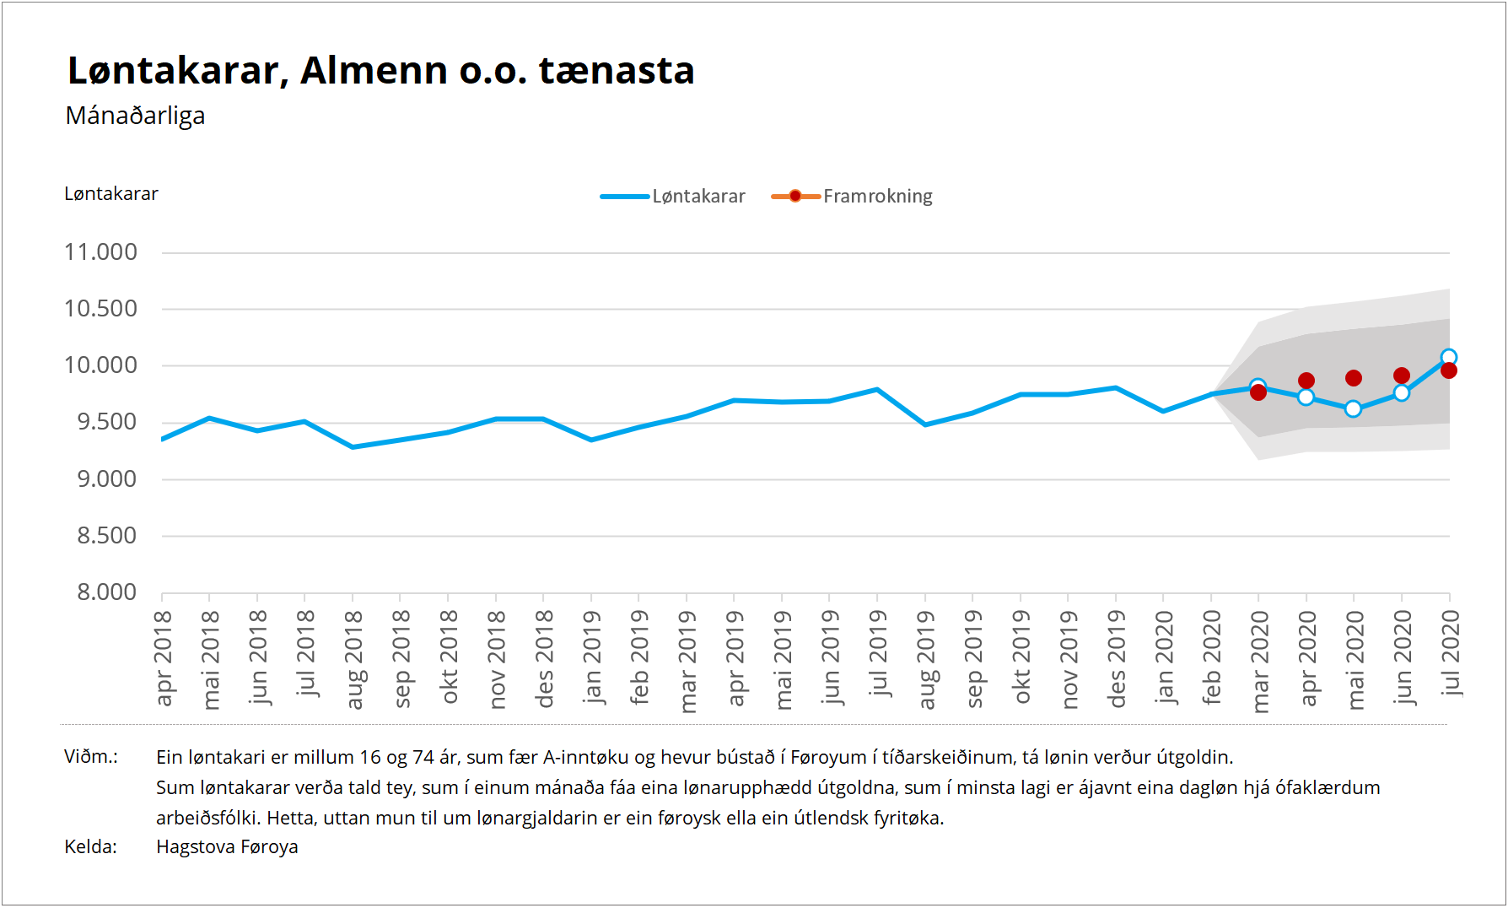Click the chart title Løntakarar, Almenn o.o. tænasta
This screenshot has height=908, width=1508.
pos(380,71)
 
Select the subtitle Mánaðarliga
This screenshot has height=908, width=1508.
pos(135,116)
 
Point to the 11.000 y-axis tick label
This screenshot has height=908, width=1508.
pos(100,252)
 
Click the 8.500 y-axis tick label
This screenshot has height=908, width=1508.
pos(106,536)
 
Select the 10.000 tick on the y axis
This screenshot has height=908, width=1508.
pos(100,365)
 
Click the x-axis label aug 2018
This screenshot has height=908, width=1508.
pos(353,660)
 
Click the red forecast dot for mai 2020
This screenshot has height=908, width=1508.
pos(1354,378)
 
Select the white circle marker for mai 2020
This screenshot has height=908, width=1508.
pos(1354,409)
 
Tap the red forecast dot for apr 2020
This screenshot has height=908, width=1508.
pos(1306,381)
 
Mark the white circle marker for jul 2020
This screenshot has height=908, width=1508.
pos(1449,357)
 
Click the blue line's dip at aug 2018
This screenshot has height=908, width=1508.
pos(353,447)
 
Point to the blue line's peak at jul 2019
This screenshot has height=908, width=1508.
pos(878,390)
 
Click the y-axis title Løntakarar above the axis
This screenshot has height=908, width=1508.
pos(111,194)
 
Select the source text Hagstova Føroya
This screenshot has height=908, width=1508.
pos(227,847)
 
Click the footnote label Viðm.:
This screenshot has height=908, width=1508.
pos(91,757)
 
